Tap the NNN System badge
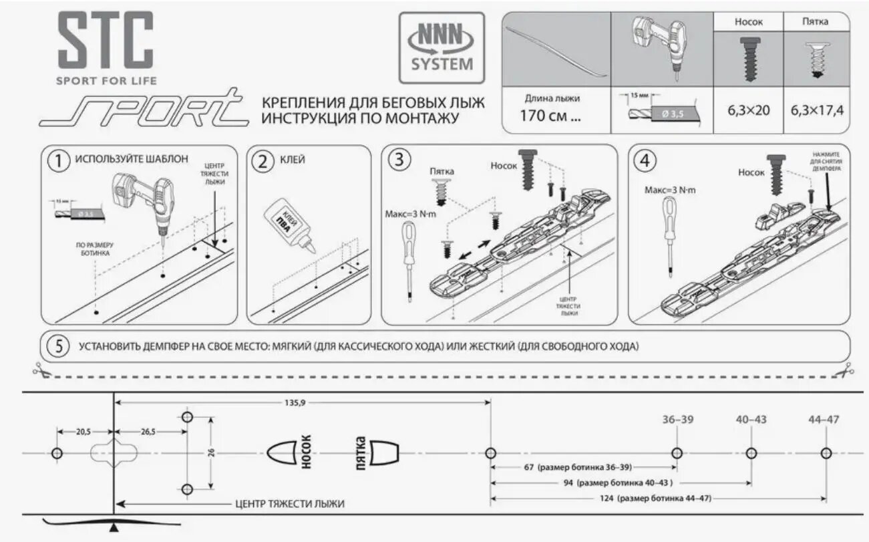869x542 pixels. tap(442, 47)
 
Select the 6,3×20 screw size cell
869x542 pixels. tap(748, 110)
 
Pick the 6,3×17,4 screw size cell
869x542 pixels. tap(817, 110)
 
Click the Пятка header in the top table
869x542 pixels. tap(815, 21)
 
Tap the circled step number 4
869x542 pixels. tap(647, 160)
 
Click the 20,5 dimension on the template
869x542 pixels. tap(83, 432)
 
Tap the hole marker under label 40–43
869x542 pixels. tap(751, 453)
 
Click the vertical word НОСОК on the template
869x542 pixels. tap(307, 452)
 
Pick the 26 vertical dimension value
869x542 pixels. tap(211, 452)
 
